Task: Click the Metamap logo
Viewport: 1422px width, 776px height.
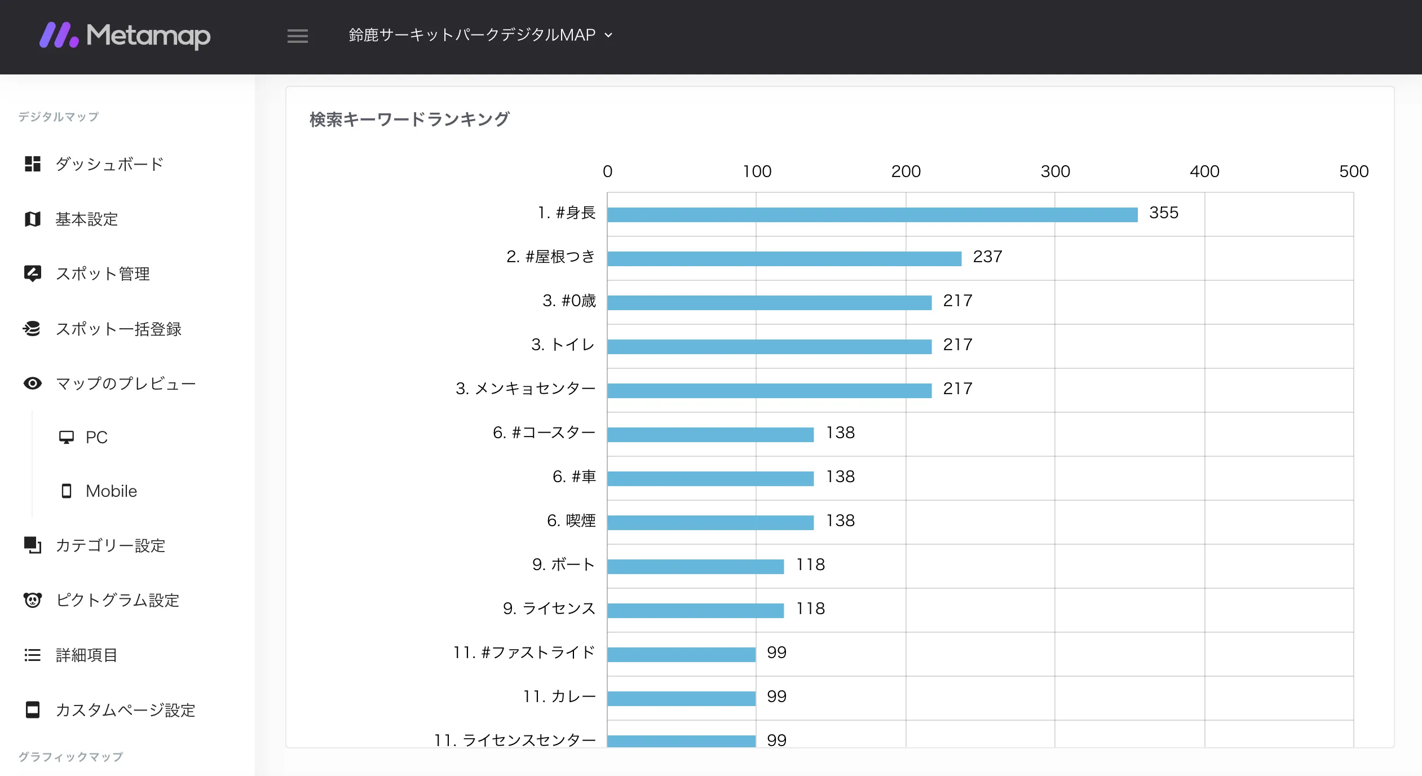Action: click(x=125, y=36)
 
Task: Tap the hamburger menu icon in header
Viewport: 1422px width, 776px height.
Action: click(x=297, y=36)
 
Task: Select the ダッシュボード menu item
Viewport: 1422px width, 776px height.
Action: click(x=109, y=164)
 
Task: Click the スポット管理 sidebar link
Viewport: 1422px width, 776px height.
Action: click(x=103, y=274)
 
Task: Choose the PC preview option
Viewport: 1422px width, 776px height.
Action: click(x=96, y=437)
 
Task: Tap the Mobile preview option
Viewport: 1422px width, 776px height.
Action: click(x=111, y=491)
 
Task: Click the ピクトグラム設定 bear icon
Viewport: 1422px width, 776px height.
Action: click(x=33, y=600)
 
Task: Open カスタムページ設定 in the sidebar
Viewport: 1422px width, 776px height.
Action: click(x=125, y=710)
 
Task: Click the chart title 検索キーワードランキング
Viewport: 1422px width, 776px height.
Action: click(x=409, y=120)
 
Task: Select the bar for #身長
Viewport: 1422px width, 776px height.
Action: click(x=872, y=214)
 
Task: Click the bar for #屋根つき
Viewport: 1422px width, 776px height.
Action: click(x=784, y=258)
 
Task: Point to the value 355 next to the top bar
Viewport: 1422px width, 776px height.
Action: click(x=1163, y=213)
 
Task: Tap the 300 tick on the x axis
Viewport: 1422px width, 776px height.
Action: click(x=1055, y=171)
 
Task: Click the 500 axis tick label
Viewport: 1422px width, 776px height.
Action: click(x=1353, y=171)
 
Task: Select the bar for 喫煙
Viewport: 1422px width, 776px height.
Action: click(x=710, y=522)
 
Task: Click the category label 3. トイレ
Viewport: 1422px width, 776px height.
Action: click(x=563, y=345)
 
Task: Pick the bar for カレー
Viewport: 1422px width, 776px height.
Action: click(x=681, y=698)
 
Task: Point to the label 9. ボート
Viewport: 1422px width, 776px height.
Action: click(x=563, y=565)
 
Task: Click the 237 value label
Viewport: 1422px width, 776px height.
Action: click(x=987, y=257)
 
